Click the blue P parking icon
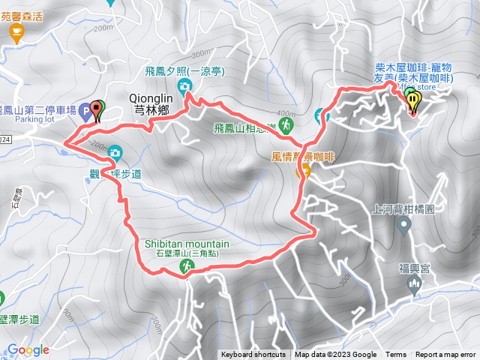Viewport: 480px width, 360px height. (x=85, y=112)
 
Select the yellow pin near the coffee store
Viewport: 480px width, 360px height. (x=412, y=99)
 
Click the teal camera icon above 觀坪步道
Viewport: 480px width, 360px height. (x=114, y=154)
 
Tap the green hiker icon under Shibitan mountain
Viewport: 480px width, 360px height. (x=184, y=266)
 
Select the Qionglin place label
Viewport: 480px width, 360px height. (x=151, y=97)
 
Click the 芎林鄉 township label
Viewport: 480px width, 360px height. (x=151, y=109)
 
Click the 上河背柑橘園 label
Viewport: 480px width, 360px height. (x=403, y=211)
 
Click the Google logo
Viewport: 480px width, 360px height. (x=28, y=349)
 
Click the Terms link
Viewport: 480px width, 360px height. (x=396, y=355)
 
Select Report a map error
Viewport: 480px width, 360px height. (x=445, y=355)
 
